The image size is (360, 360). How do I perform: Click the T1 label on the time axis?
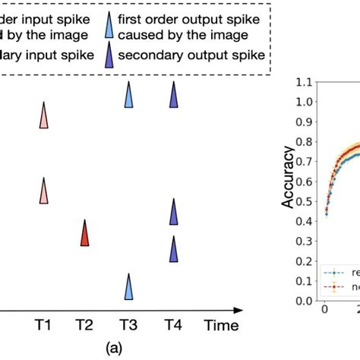point(43,325)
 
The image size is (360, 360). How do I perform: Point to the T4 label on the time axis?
point(173,325)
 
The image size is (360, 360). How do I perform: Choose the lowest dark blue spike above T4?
point(173,248)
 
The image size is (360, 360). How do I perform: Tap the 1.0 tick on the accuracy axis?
point(304,102)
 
